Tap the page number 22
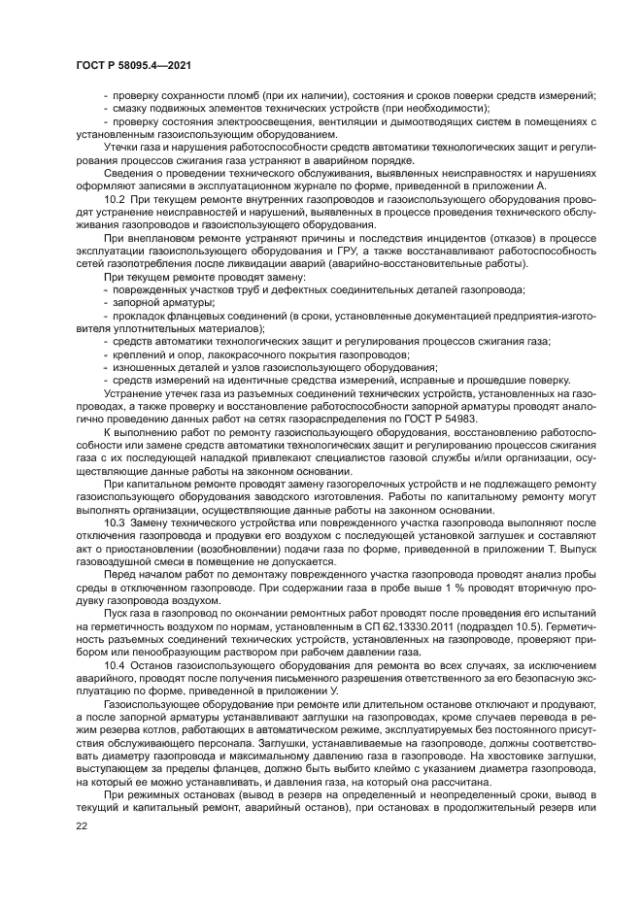tap(81, 826)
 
